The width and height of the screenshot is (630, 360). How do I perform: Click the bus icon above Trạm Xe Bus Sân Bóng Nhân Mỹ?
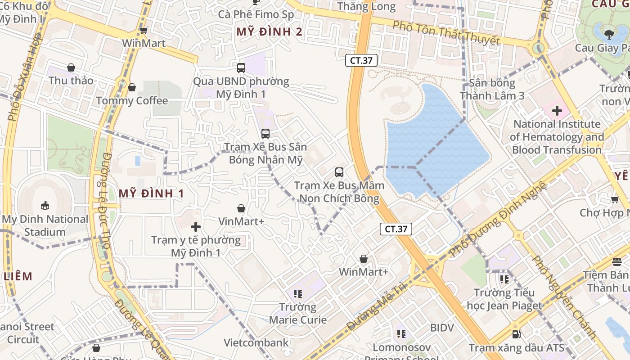[265, 134]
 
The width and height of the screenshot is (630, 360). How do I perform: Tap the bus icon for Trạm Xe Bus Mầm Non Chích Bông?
[339, 172]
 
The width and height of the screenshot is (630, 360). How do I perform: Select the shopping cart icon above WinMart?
[144, 31]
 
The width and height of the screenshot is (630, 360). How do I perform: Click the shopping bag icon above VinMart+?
[241, 208]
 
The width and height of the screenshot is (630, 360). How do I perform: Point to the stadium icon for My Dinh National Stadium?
[45, 206]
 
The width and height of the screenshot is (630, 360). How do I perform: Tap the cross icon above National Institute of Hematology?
[557, 110]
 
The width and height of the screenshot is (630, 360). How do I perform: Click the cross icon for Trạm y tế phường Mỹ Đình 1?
[196, 227]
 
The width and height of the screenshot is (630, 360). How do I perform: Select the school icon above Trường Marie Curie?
[297, 294]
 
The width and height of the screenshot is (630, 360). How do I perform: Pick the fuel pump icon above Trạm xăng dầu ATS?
[517, 334]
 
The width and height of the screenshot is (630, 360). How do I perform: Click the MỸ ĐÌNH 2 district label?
[270, 32]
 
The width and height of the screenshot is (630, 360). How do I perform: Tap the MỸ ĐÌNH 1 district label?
[151, 193]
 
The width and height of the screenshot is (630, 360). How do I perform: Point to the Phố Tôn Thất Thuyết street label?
[446, 32]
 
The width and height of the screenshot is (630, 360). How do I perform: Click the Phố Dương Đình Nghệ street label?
[498, 218]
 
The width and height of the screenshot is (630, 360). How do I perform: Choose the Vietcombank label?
[256, 343]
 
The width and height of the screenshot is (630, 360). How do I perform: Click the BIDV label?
[442, 328]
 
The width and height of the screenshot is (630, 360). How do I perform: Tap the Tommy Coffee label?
[132, 100]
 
